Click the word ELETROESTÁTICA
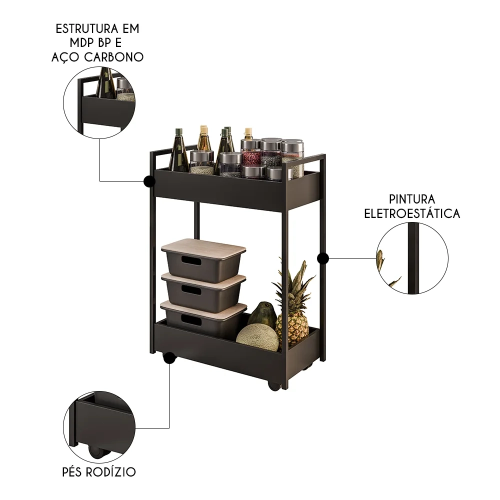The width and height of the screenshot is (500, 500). (411, 214)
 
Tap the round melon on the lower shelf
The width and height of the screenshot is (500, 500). (257, 337)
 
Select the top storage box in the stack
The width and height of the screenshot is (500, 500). (203, 259)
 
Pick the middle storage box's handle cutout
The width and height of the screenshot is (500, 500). (191, 290)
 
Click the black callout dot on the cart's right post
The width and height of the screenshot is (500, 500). (323, 258)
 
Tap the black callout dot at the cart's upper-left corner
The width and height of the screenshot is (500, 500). (148, 181)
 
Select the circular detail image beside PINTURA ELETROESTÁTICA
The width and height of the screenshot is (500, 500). (412, 258)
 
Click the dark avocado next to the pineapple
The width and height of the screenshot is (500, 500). (263, 315)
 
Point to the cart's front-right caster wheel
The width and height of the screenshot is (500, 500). (274, 385)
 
